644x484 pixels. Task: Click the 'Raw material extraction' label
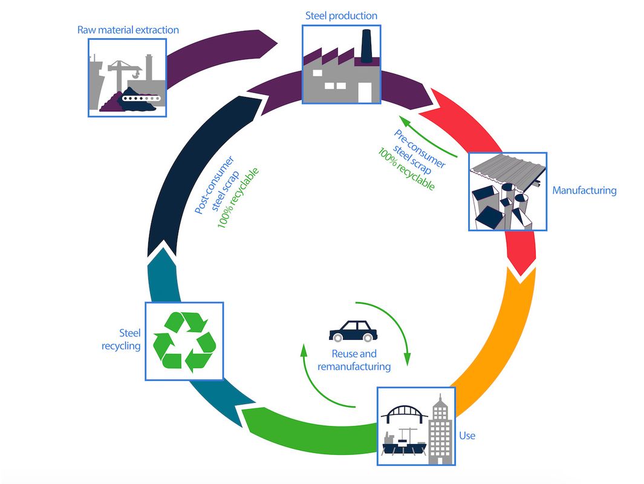point(128,30)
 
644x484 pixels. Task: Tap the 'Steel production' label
point(340,16)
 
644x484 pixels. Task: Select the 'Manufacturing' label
point(584,191)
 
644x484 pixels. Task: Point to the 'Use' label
point(467,436)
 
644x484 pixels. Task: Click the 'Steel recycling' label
point(129,339)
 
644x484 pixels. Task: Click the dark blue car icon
point(351,332)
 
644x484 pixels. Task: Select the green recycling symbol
point(184,341)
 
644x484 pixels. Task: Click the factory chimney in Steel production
point(365,45)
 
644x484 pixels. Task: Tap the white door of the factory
point(365,91)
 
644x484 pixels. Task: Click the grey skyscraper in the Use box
point(440,430)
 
